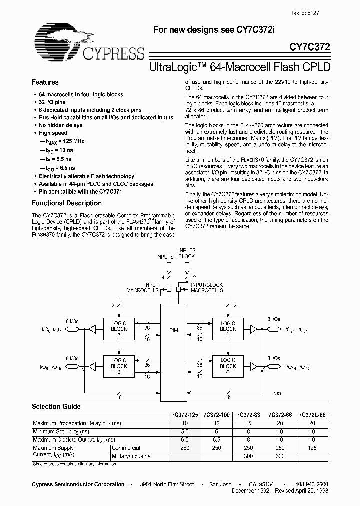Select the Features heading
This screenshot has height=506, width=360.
[x=45, y=82]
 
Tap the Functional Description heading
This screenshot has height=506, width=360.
[x=67, y=203]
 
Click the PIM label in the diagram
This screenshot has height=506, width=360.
[x=173, y=330]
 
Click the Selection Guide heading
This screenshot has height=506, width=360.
[x=56, y=407]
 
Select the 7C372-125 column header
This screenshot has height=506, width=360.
[x=184, y=415]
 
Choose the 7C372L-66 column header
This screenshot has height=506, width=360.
[x=312, y=415]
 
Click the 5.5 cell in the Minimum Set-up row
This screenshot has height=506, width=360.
[x=184, y=431]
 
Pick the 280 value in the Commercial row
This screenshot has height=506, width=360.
[x=184, y=448]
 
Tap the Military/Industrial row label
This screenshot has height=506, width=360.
[x=133, y=456]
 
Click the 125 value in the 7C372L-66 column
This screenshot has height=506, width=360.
[x=312, y=448]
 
